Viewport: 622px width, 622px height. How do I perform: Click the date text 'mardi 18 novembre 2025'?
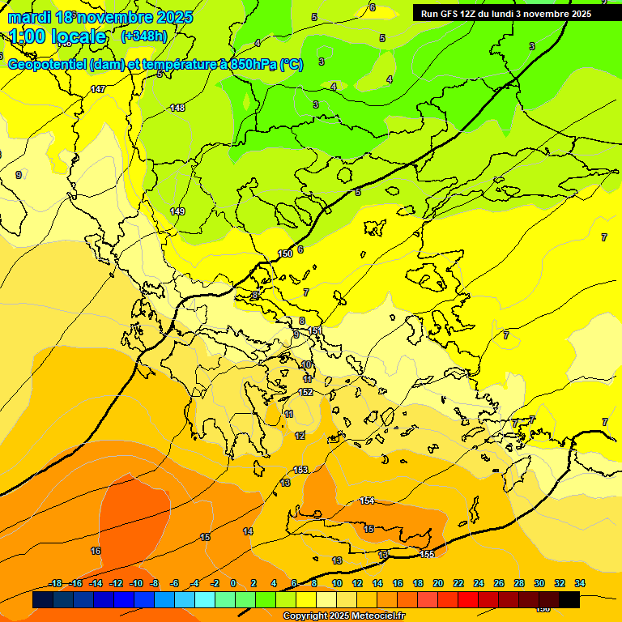[x=100, y=17]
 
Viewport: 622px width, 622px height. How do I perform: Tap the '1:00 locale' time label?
[x=58, y=36]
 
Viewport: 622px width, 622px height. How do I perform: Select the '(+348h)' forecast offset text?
[x=144, y=36]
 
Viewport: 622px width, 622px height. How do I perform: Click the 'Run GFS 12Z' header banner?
[x=505, y=14]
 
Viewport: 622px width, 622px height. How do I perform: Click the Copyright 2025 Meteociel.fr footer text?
[x=343, y=616]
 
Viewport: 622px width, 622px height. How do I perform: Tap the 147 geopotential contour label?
[x=98, y=89]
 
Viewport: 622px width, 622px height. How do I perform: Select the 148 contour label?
[x=177, y=108]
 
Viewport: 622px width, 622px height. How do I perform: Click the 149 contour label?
[x=177, y=211]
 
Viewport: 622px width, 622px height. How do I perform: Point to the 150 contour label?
[x=285, y=253]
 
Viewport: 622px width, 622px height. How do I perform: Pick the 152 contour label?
[x=305, y=392]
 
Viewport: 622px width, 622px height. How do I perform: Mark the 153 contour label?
[x=300, y=470]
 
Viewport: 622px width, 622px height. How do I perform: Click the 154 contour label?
[x=367, y=501]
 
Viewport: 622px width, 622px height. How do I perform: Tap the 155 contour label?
[x=428, y=554]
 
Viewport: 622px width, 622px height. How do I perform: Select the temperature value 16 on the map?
[x=96, y=551]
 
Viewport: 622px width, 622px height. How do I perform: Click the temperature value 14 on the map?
[x=248, y=531]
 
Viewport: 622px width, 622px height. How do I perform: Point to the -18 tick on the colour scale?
[x=56, y=584]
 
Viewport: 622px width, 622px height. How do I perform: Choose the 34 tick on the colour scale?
[x=579, y=584]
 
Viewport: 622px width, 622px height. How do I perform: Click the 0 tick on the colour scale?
[x=233, y=584]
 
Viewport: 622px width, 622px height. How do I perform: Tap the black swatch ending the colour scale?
[x=569, y=600]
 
